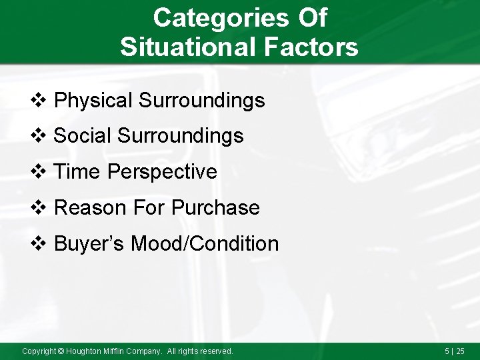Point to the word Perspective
coord(162,172)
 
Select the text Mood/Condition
coord(205,244)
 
